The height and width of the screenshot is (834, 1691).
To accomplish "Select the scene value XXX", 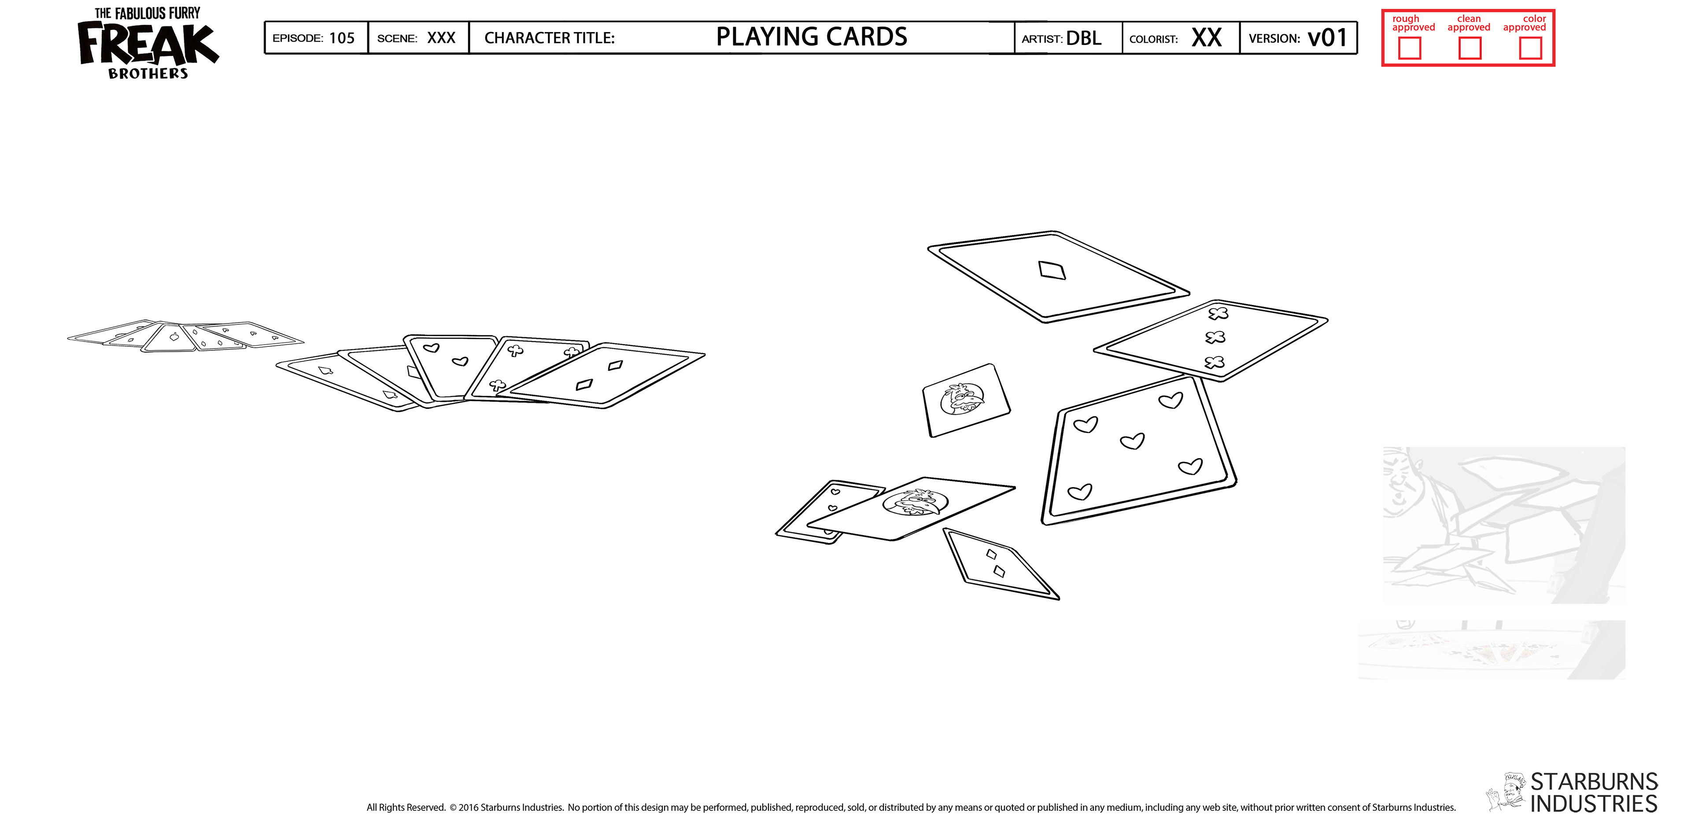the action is pos(441,38).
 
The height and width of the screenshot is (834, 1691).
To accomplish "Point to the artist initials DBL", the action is pos(1084,38).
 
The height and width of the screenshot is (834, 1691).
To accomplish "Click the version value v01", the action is pos(1327,37).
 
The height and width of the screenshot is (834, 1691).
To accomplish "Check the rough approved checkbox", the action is pos(1409,48).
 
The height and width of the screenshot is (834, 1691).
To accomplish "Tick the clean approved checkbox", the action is pos(1470,48).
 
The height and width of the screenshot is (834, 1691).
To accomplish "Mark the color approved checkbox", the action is pos(1530,48).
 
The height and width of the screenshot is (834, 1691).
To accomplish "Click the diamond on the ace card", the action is pos(1052,270).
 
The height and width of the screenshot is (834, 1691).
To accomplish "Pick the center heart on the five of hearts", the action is pos(1132,441).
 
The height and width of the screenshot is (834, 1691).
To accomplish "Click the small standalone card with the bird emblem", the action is pos(966,400).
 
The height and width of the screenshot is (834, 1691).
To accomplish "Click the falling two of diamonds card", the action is pos(999,564).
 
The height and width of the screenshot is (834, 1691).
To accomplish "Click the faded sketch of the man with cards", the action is pos(1503,525).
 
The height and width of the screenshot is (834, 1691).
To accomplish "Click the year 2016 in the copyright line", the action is pos(468,807).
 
